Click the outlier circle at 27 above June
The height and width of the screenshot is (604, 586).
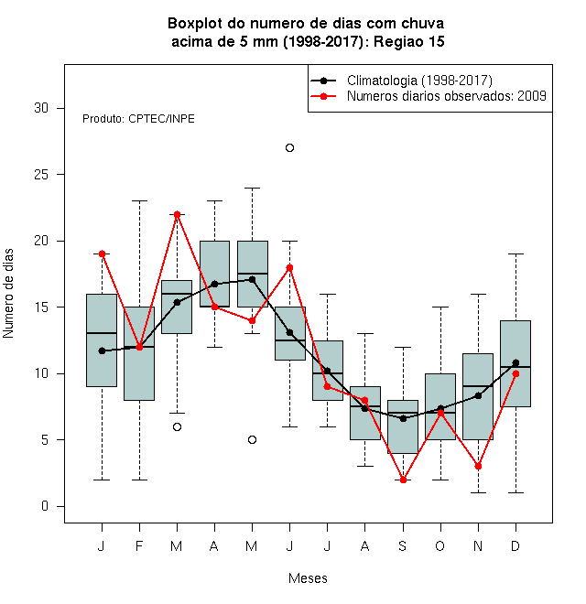(x=289, y=148)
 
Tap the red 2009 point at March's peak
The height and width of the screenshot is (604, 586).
(x=177, y=214)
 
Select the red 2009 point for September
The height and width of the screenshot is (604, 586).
(x=403, y=480)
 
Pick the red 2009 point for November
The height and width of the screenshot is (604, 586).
(x=478, y=467)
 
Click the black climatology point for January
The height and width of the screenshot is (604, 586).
(x=102, y=351)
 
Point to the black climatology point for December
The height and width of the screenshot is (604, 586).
(x=515, y=363)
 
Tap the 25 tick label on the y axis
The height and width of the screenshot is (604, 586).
(x=41, y=175)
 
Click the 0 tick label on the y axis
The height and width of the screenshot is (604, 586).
(x=45, y=506)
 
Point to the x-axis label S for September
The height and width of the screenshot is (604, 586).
(x=403, y=545)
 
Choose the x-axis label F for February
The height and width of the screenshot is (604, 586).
(x=139, y=545)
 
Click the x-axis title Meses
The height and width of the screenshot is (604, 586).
(x=308, y=578)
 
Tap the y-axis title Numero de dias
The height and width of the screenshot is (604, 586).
(x=8, y=294)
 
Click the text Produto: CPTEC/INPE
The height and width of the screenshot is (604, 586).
(x=138, y=119)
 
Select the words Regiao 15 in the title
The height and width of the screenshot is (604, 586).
(x=408, y=41)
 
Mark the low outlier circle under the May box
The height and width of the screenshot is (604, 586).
(x=252, y=440)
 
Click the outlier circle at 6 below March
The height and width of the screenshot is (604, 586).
(x=177, y=426)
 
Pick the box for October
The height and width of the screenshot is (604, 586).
(x=440, y=406)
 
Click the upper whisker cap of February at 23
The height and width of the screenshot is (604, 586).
(x=139, y=200)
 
